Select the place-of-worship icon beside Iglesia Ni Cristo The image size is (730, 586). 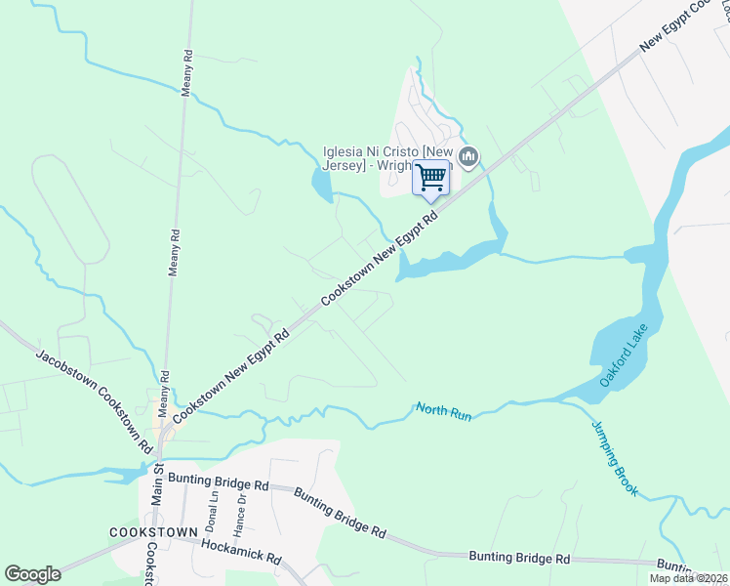click(x=469, y=156)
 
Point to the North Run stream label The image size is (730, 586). click(x=444, y=411)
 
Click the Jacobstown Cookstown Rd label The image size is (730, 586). click(x=95, y=398)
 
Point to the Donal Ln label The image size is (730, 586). click(x=213, y=510)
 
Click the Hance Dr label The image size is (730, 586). click(x=240, y=512)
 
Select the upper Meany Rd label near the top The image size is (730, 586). click(x=185, y=75)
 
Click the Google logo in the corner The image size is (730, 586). click(x=32, y=574)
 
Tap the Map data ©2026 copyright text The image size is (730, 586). click(x=689, y=578)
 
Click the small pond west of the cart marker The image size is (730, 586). click(x=321, y=183)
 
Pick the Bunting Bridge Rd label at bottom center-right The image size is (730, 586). click(x=520, y=558)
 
